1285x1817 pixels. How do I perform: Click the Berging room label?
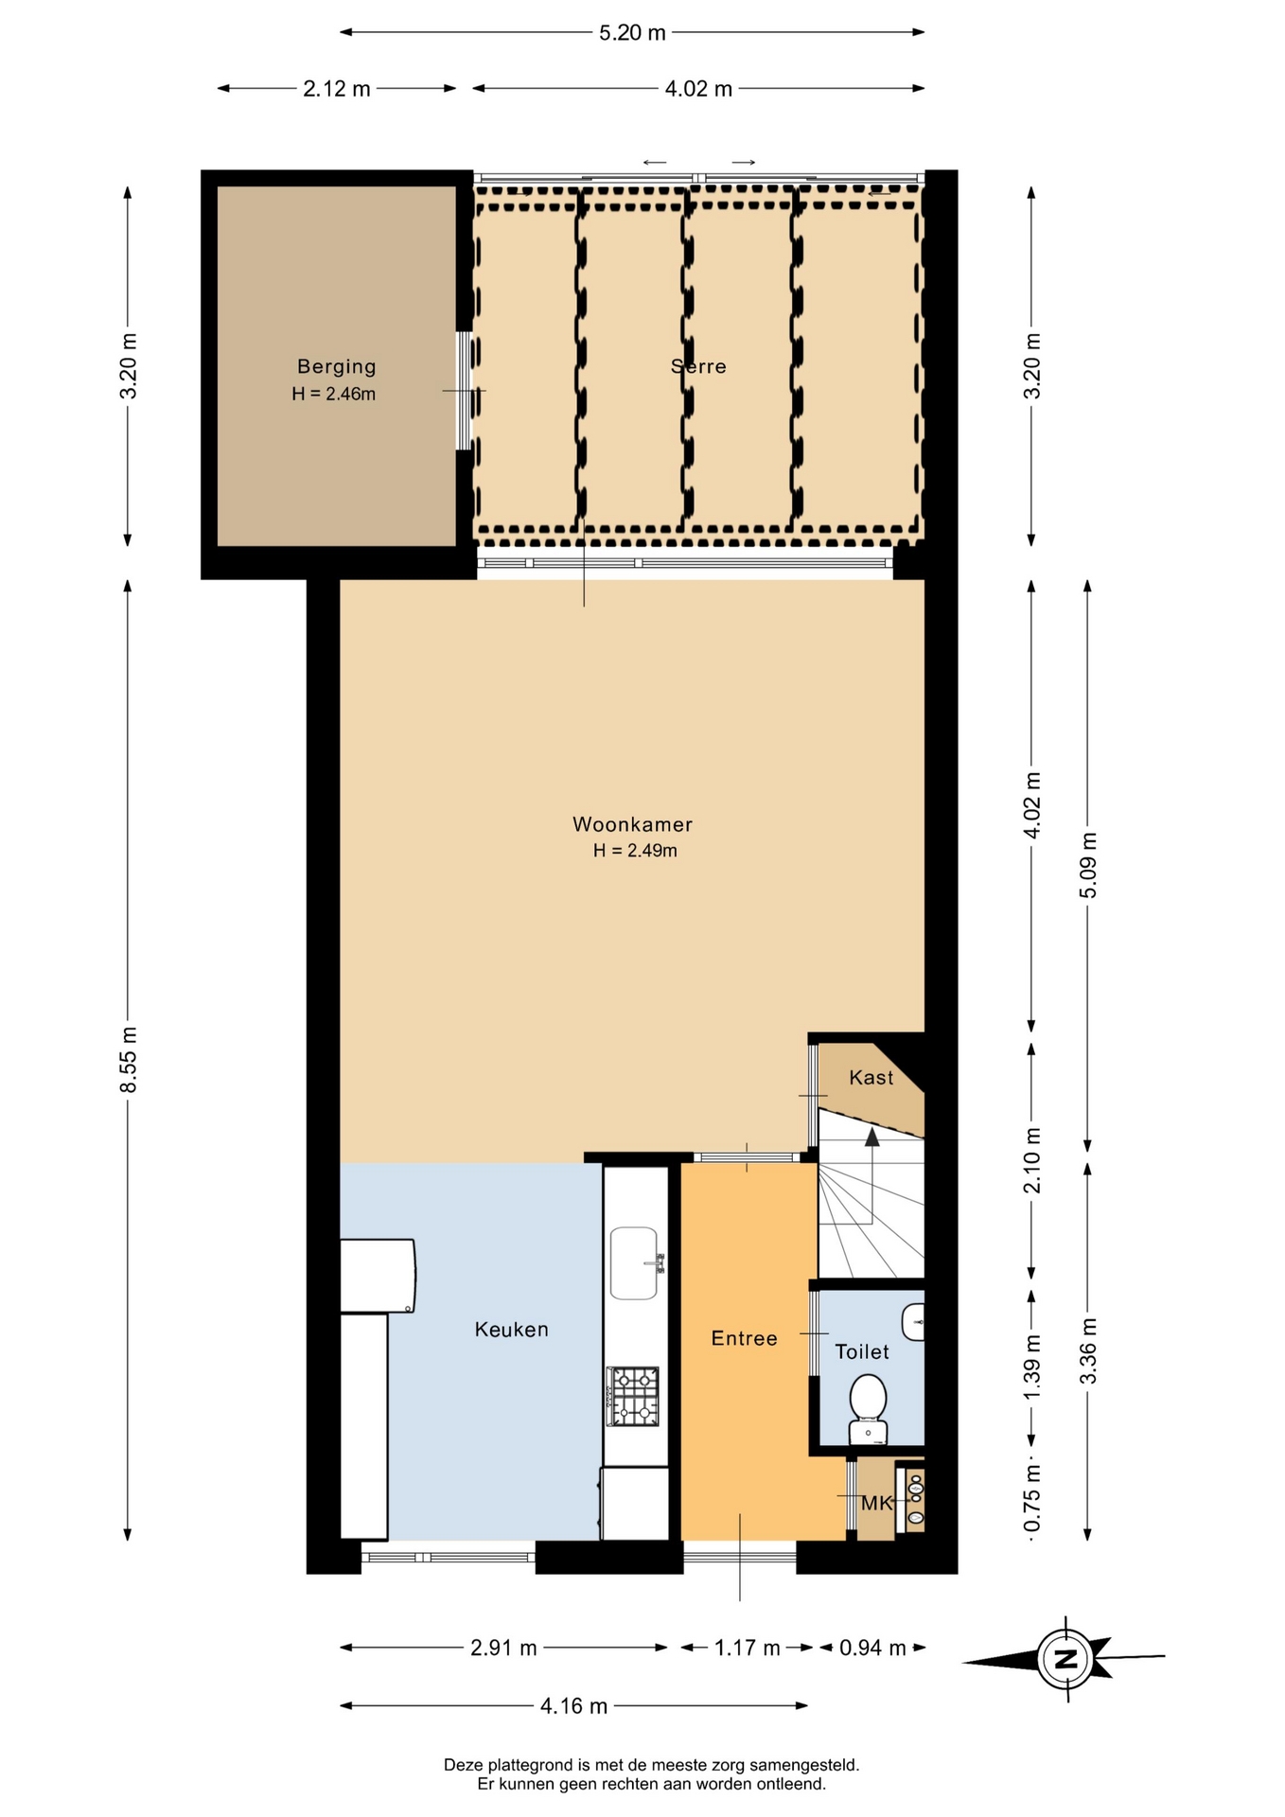point(336,366)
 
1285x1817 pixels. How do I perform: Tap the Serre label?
point(698,366)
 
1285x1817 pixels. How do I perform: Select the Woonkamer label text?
point(632,824)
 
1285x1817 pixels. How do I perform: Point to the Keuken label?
point(511,1330)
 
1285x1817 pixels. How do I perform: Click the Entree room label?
point(744,1338)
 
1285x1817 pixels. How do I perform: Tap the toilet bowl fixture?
point(868,1409)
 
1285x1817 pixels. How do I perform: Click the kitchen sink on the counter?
point(634,1263)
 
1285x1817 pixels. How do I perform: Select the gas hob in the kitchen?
point(633,1397)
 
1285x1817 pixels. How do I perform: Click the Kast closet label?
point(871,1077)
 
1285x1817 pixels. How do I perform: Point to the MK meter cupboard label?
point(877,1503)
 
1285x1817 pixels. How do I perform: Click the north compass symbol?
point(1065,1659)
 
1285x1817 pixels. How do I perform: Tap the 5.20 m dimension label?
point(632,33)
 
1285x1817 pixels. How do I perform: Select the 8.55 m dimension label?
point(129,1059)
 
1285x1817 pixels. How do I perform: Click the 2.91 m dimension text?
point(503,1648)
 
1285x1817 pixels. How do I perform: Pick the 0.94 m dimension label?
point(872,1648)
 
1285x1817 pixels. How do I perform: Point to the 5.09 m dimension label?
point(1088,866)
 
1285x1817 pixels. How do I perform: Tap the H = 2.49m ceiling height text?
point(635,851)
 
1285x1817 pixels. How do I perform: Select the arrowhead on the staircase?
point(871,1137)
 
